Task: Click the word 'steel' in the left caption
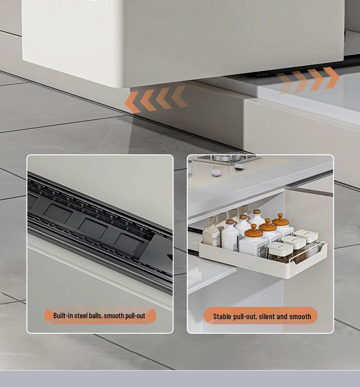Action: tap(81, 316)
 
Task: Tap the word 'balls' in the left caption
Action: tap(96, 316)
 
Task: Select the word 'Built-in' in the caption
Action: tap(63, 316)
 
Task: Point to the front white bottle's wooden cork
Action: tap(230, 222)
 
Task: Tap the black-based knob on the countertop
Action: tap(239, 167)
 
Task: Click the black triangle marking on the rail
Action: tap(170, 257)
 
